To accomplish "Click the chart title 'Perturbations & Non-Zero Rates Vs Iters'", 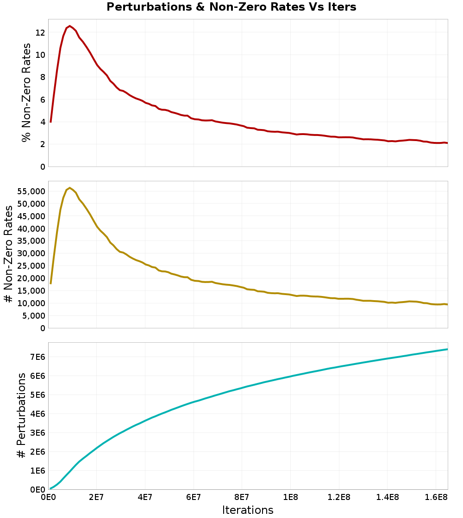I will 231,7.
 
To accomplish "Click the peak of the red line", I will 69,26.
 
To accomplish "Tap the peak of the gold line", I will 69,188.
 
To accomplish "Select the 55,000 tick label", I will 30,191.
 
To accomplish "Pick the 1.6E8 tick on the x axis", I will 436,498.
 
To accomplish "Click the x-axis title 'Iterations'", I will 248,510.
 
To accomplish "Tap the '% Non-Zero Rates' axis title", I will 27,92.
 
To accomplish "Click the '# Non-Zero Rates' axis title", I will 8,254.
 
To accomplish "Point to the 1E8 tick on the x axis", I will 290,498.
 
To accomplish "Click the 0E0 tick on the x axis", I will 48,498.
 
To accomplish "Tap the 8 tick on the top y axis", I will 42,77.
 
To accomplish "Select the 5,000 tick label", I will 32,316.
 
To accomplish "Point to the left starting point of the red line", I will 50,122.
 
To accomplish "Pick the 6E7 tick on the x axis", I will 194,498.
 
